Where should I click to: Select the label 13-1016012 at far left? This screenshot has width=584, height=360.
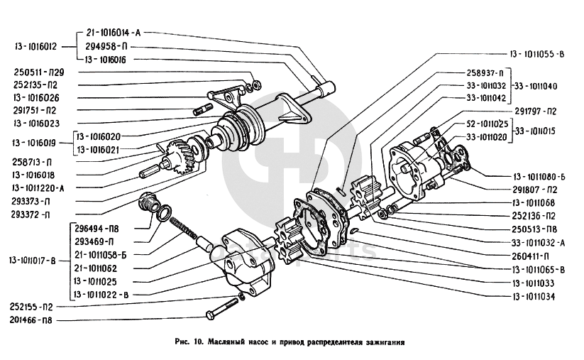[x=35, y=47]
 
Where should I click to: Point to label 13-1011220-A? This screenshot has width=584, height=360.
[x=39, y=187]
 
